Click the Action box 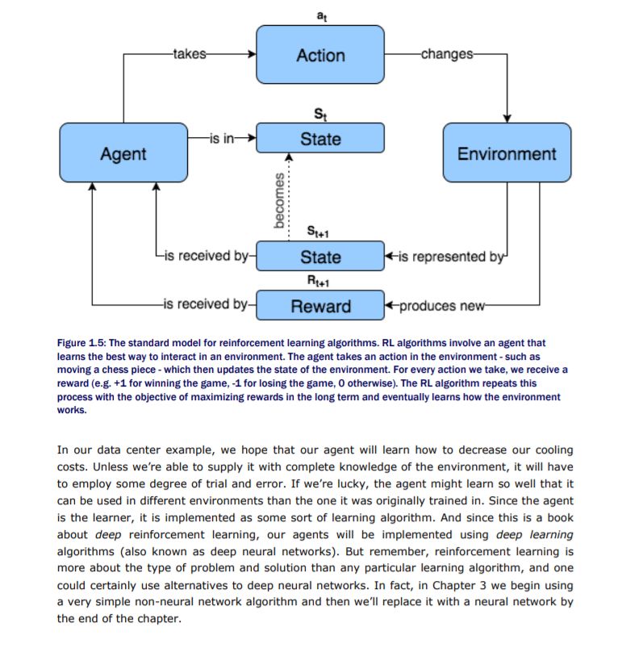320,55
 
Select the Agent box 123,153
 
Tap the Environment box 507,153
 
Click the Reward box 320,306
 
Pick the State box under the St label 320,139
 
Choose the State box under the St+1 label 320,257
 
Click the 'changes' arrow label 446,55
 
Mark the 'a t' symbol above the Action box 320,13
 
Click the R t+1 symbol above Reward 320,281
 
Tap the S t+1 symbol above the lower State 320,232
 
